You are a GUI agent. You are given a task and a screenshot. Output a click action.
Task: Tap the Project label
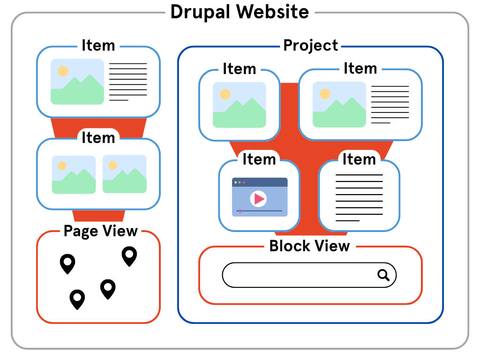pyautogui.click(x=310, y=45)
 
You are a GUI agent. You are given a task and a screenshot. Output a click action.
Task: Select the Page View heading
pyautogui.click(x=100, y=231)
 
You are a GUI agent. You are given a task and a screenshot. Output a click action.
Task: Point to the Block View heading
pyautogui.click(x=309, y=246)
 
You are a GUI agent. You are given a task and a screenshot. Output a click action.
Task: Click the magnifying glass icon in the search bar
pyautogui.click(x=383, y=275)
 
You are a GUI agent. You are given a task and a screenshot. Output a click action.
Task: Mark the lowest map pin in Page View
pyautogui.click(x=77, y=299)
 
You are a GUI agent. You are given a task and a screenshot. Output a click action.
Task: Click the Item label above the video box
pyautogui.click(x=259, y=159)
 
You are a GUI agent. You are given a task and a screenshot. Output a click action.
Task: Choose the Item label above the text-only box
pyautogui.click(x=359, y=159)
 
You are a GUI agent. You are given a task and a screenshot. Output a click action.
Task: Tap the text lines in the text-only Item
pyautogui.click(x=359, y=197)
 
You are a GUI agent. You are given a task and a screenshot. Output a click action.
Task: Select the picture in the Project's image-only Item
pyautogui.click(x=239, y=105)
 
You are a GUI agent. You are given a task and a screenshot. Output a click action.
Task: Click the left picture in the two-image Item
pyautogui.click(x=74, y=174)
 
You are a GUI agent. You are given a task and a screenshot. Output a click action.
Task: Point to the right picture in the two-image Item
pyautogui.click(x=124, y=174)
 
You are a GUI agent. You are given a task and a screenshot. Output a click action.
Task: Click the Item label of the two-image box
pyautogui.click(x=98, y=138)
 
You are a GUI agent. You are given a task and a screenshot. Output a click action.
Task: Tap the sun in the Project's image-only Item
pyautogui.click(x=225, y=94)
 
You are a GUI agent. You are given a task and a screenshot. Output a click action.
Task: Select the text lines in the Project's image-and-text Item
pyautogui.click(x=390, y=104)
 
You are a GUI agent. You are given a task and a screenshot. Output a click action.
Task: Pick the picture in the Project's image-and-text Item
pyautogui.click(x=339, y=105)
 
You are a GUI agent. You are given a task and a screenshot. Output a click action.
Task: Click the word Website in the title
pyautogui.click(x=272, y=12)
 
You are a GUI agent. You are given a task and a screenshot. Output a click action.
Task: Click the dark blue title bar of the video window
pyautogui.click(x=260, y=182)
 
